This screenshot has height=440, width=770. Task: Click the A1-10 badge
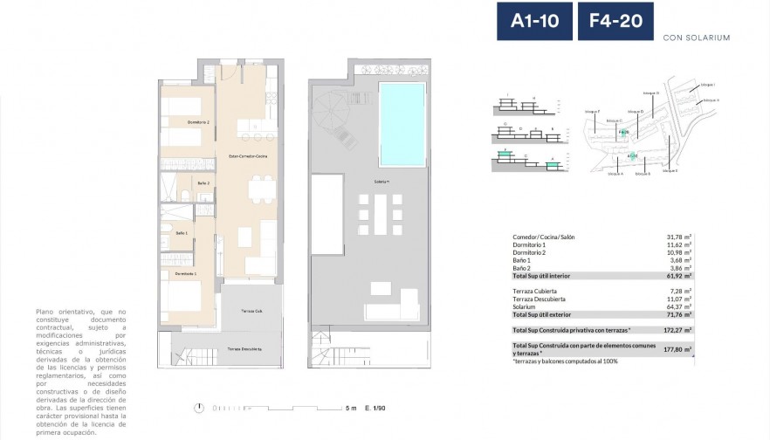point(534,21)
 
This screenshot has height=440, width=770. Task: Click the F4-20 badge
point(615,21)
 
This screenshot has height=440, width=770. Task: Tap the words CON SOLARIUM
point(696,38)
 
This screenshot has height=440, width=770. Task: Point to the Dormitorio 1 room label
point(185,274)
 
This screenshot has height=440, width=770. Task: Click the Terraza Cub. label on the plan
point(253,311)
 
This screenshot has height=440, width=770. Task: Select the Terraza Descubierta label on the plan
point(246,348)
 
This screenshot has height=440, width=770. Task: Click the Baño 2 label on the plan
point(203,182)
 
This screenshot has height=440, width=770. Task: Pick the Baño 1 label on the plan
point(182,233)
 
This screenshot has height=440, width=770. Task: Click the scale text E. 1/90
point(375,408)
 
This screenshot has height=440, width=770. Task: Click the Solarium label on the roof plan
point(382,182)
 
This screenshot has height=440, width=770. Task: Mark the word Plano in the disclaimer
point(45,311)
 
